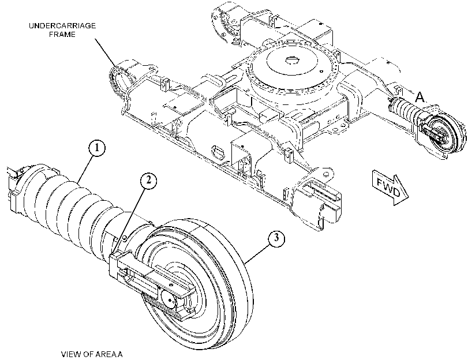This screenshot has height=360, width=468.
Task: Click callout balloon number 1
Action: pos(97,148)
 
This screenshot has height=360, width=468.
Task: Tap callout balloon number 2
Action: pos(148,181)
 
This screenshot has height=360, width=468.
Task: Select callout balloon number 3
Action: pos(276,238)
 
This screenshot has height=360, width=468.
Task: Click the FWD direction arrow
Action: pos(390,187)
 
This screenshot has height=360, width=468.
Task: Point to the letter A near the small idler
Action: pos(420,97)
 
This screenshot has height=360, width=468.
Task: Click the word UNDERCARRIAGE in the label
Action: pos(62,25)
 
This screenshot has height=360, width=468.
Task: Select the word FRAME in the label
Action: pos(62,35)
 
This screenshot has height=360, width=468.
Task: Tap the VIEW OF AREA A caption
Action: pos(92,354)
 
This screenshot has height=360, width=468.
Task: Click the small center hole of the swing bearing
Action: pos(290,61)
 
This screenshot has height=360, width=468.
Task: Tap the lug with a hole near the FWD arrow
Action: pos(324,175)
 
